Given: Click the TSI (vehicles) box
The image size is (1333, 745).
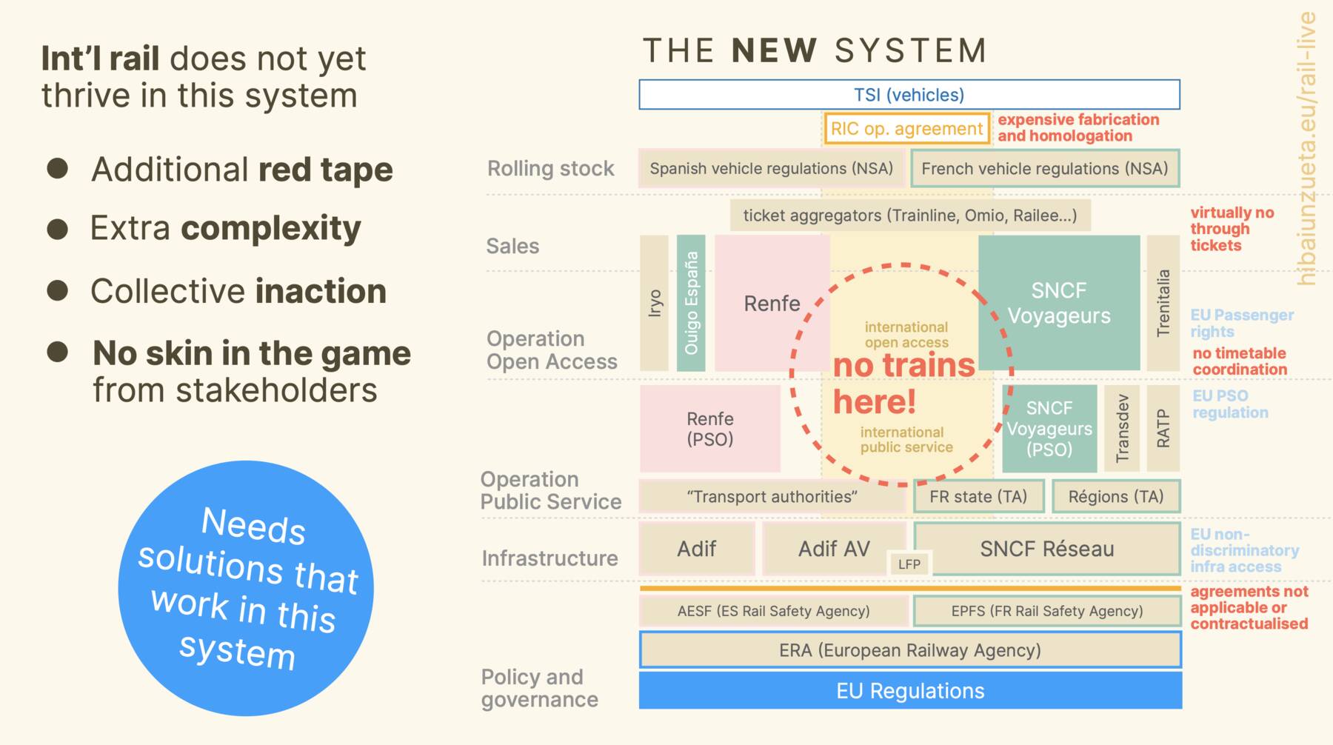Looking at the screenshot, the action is (909, 95).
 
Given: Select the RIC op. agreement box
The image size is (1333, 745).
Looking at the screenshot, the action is (906, 129).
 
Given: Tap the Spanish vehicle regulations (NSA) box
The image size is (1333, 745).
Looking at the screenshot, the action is (771, 169).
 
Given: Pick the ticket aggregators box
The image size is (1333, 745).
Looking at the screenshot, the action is (909, 216).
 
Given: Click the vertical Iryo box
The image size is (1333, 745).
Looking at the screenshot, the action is (654, 303).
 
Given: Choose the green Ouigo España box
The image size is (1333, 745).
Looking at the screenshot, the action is (691, 303).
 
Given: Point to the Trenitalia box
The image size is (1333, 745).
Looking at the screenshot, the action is (1163, 303).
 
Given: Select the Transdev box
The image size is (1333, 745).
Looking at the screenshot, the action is (1122, 428).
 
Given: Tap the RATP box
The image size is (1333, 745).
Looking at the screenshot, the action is (1163, 428).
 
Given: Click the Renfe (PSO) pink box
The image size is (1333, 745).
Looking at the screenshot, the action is (709, 429).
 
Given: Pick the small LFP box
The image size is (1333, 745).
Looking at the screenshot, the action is (909, 564).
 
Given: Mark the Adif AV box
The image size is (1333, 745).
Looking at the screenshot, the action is (834, 549).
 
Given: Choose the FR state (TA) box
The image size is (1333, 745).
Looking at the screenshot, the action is (978, 496).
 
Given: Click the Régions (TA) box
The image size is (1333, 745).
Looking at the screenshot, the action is (1115, 496).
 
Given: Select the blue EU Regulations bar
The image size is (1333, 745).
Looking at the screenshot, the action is (910, 691).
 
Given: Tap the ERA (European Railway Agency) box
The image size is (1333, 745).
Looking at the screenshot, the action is (910, 650).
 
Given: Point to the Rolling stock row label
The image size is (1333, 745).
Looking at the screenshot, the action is (550, 169).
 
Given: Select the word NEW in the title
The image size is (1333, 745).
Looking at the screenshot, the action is (774, 51).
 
